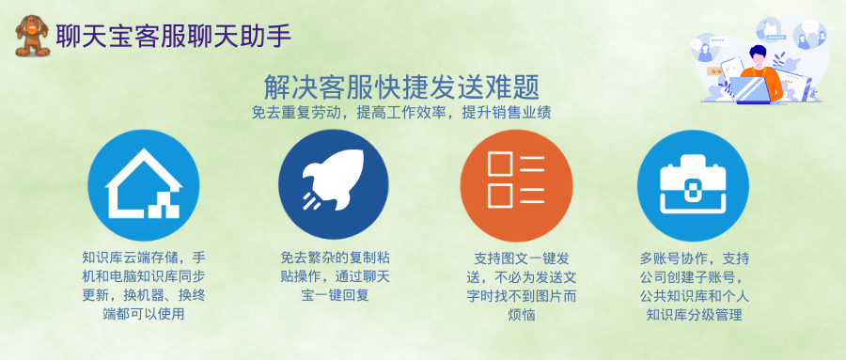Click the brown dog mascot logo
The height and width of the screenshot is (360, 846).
click(32, 36)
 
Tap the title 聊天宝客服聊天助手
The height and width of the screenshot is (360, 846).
click(174, 36)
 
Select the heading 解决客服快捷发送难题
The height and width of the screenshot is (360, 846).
click(402, 87)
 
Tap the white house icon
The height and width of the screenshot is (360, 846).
click(144, 183)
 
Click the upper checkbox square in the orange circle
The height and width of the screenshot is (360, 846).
click(500, 164)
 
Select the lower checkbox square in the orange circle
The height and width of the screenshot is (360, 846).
click(500, 196)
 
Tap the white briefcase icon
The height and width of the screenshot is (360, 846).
click(693, 184)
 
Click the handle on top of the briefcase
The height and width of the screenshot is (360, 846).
click(693, 161)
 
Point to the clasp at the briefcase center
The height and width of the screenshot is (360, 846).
click(693, 192)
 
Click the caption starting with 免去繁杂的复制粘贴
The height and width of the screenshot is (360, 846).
click(335, 276)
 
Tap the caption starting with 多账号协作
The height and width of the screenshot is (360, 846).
click(694, 286)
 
